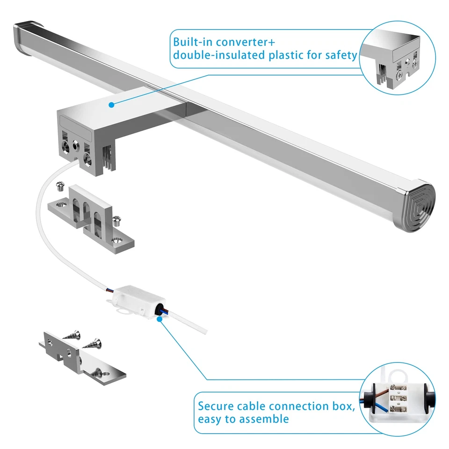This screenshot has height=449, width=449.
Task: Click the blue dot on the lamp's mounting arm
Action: tap(111, 105)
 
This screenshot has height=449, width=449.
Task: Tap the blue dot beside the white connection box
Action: tap(160, 319)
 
